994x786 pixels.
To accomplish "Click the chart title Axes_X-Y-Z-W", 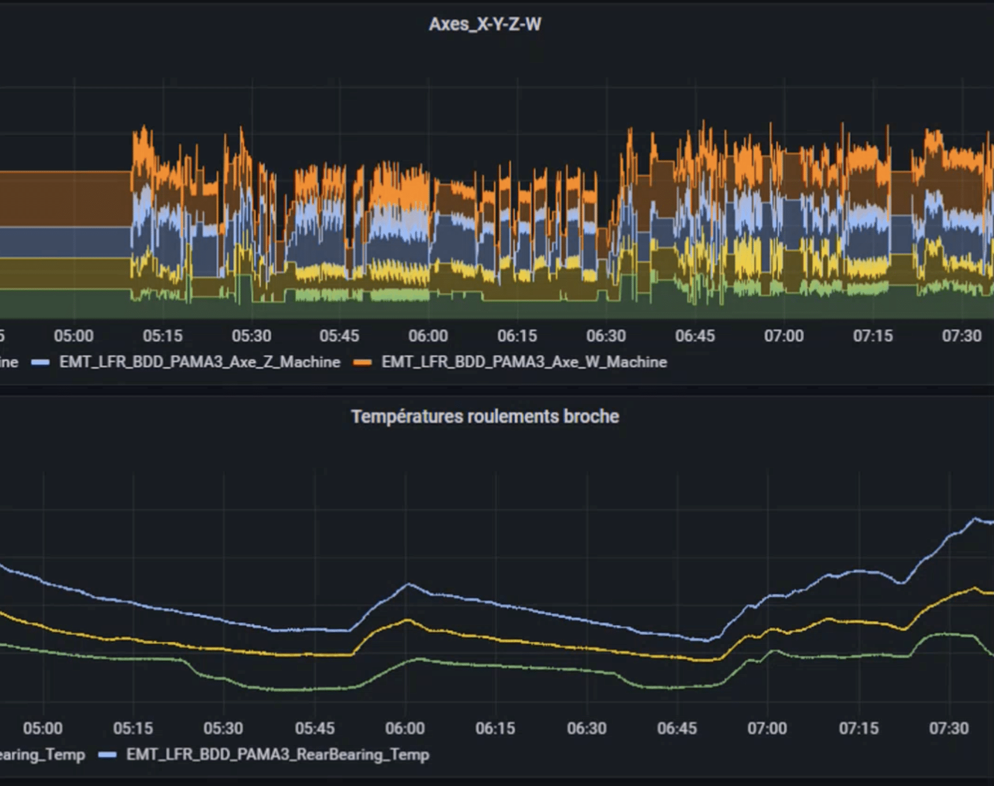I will pos(485,24).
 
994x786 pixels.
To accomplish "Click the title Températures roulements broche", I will pos(485,416).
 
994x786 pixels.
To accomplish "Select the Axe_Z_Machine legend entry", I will pos(200,362).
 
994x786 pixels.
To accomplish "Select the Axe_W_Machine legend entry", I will pos(524,362).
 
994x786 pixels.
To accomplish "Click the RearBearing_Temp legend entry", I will pos(278,755).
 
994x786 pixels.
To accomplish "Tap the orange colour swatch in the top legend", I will pos(363,362).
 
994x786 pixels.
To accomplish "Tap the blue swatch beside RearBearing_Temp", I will pos(108,755).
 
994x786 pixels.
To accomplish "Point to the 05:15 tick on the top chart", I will pos(163,336).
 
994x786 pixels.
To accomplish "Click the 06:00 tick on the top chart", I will pos(428,336).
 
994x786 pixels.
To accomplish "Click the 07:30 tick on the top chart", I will pos(962,336).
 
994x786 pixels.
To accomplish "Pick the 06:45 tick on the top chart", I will pos(695,336).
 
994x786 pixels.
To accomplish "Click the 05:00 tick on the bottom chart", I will pos(43,728).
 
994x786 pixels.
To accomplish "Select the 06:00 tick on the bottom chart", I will pos(405,728).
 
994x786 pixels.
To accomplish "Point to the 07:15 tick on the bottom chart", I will pos(859,728).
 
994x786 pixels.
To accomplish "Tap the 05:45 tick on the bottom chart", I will pos(315,728).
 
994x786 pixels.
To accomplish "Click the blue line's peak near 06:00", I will pos(408,585).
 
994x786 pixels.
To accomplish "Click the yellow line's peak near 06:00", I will pos(408,620).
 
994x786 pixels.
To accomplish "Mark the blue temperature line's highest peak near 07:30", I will pos(976,519).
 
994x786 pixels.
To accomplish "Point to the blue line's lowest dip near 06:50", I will pos(707,641).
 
